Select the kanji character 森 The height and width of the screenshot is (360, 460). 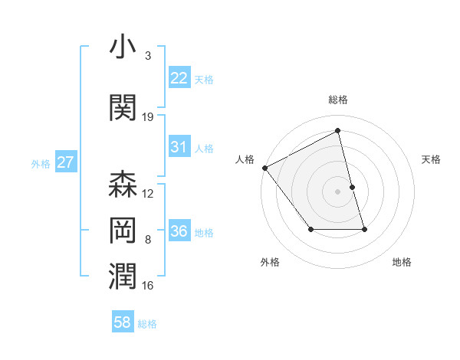[123, 186]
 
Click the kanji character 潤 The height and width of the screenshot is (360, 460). [123, 277]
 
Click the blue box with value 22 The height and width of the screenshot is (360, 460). [179, 77]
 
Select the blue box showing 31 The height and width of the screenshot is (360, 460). [179, 147]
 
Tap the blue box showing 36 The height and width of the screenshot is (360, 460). [179, 231]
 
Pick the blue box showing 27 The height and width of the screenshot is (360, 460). [66, 162]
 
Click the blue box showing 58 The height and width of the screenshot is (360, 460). [123, 322]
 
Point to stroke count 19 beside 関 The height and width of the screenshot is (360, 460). [148, 117]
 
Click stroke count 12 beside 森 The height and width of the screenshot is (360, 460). [148, 194]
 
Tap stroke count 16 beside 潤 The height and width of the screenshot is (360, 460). [148, 286]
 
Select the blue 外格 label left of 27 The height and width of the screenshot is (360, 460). [41, 163]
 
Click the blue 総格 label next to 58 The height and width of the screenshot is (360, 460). [147, 323]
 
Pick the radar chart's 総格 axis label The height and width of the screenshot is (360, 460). [338, 100]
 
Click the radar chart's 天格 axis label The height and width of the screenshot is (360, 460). [432, 159]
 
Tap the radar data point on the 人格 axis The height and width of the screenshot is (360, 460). [264, 168]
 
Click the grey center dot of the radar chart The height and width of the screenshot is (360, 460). [338, 191]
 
